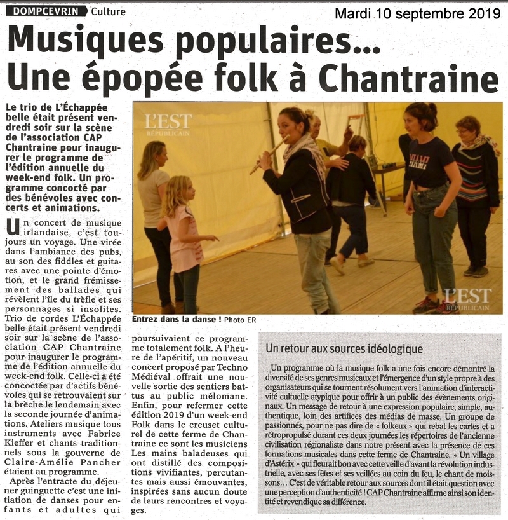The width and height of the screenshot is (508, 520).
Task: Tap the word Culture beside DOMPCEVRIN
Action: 108,11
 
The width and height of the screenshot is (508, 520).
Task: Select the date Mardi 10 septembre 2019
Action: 417,14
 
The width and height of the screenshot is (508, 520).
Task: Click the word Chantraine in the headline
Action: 408,79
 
